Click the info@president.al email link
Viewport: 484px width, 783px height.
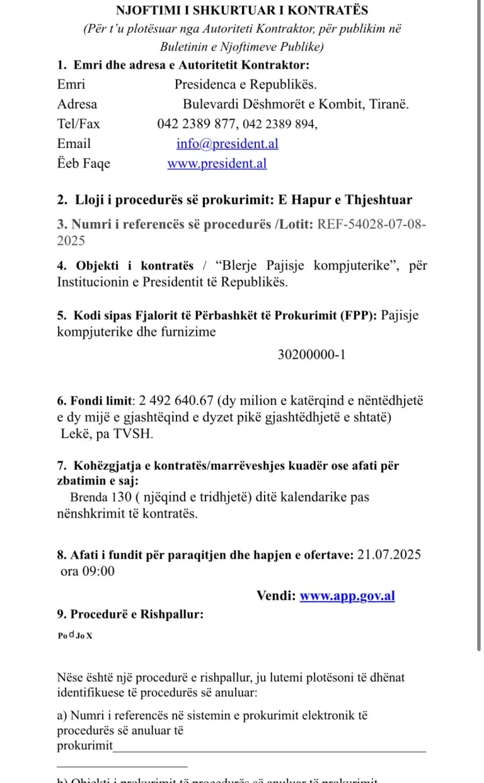tap(227, 144)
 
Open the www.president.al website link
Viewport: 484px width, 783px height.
tap(217, 164)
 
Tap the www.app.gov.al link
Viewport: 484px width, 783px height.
tap(347, 596)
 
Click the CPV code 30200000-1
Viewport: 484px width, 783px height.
tap(311, 355)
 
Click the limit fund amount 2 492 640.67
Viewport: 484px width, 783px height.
tap(177, 401)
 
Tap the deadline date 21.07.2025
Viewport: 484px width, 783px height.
tap(389, 555)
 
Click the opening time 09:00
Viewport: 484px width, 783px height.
tap(99, 571)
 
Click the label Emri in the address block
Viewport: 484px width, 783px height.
tap(71, 84)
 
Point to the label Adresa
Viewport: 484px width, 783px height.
tap(78, 104)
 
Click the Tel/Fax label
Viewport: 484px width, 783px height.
tap(79, 124)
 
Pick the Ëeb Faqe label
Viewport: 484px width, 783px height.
tap(84, 164)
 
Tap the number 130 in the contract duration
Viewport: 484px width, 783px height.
tap(120, 497)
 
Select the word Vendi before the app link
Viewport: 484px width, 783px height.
tap(275, 596)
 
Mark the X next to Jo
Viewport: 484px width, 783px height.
tap(89, 636)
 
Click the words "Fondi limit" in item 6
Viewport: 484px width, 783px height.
tap(101, 401)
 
